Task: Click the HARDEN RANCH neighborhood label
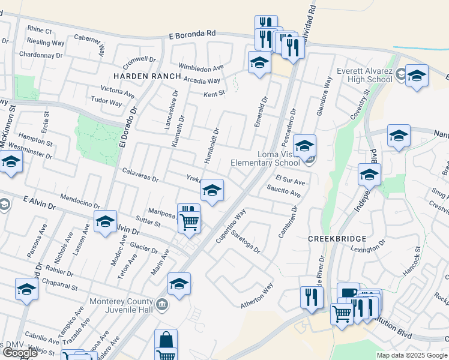146,76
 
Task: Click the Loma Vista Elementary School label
278,158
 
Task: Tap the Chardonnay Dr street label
41,55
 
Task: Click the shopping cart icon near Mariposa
190,221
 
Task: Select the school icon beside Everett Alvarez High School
417,76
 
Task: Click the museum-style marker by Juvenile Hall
161,305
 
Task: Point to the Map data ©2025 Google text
412,355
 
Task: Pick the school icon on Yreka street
211,190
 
